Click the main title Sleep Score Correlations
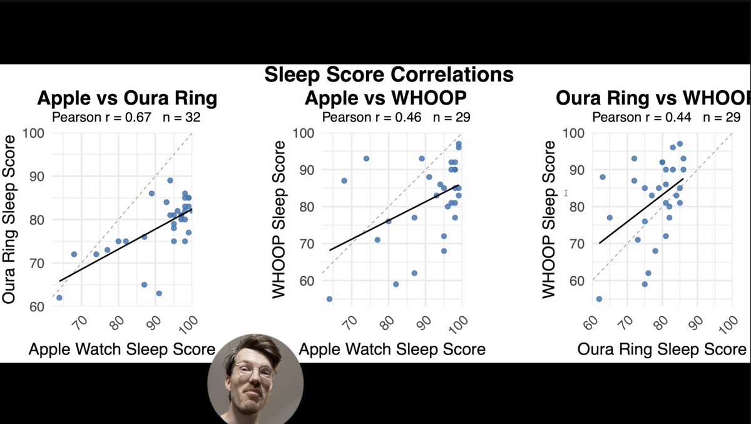tap(389, 75)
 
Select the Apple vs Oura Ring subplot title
tap(127, 98)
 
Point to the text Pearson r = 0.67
tap(101, 117)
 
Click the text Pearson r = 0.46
tap(372, 117)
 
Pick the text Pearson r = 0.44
tap(642, 117)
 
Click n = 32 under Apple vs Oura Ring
tap(180, 117)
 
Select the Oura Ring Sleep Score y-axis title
tap(9, 221)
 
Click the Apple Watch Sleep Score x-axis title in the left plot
tap(122, 349)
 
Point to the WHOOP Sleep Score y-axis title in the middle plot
tap(279, 219)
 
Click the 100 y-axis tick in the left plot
tap(34, 133)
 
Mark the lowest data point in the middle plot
tap(329, 299)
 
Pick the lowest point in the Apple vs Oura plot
tap(59, 297)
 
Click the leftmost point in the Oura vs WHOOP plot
tap(599, 299)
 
